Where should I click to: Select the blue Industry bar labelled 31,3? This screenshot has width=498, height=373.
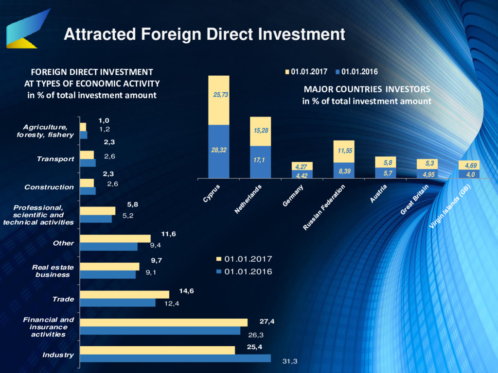(x=175, y=358)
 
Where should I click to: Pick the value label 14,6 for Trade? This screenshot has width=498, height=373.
(x=186, y=291)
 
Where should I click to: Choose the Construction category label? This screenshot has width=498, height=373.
(x=49, y=187)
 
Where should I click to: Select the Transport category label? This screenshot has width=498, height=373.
(x=55, y=159)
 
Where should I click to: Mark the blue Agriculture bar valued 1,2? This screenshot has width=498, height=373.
(x=84, y=135)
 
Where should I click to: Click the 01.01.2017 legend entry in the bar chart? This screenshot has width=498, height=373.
(x=244, y=259)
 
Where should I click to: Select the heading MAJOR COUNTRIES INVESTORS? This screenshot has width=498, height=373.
(x=367, y=89)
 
